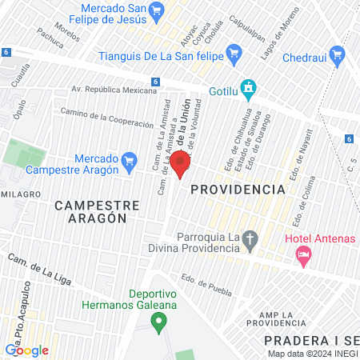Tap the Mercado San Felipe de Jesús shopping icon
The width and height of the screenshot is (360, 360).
coord(156,11)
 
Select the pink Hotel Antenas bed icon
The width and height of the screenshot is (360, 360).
coord(303,256)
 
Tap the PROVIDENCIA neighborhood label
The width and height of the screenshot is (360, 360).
coord(238,190)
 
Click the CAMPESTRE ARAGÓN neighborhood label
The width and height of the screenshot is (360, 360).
coord(97,211)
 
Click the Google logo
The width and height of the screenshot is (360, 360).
coord(26,350)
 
